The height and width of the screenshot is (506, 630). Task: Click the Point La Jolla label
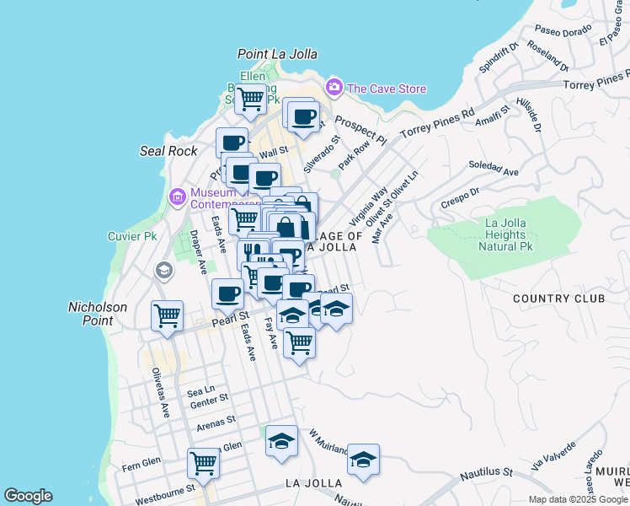[x=277, y=54]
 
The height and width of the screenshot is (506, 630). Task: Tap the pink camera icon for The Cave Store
[x=334, y=88]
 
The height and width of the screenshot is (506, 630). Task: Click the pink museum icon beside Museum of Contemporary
[x=177, y=197]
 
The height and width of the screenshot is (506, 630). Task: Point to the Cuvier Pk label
[x=127, y=237]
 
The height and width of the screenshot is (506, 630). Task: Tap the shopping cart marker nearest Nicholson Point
[x=168, y=317]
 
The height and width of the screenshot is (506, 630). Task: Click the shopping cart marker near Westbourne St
[x=204, y=462]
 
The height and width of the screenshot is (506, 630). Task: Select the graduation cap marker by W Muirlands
[x=363, y=460]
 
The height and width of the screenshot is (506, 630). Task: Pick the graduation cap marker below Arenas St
[x=281, y=441]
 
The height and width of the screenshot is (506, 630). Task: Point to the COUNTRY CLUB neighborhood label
[x=558, y=299]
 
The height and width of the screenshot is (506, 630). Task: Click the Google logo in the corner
[x=28, y=496]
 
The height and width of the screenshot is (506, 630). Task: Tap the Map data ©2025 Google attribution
[x=578, y=499]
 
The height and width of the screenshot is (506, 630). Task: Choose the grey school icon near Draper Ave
[x=163, y=271]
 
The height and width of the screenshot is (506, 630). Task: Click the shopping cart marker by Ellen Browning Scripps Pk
[x=251, y=100]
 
